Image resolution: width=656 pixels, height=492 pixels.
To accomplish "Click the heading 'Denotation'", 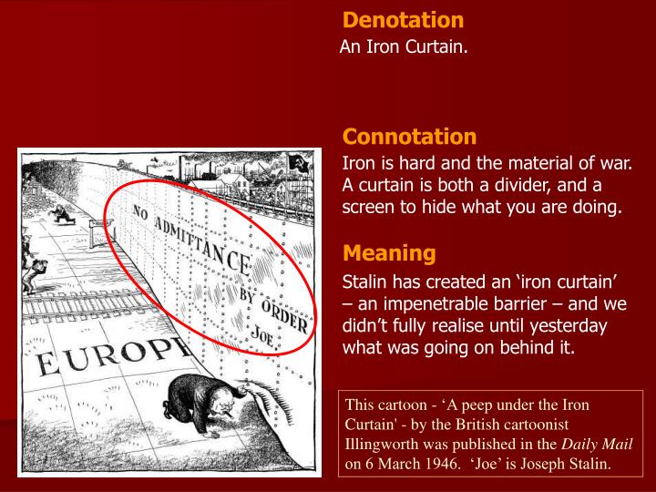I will [404, 20].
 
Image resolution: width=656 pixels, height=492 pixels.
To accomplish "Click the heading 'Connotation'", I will [409, 137].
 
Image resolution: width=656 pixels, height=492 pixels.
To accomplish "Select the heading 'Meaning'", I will [389, 252].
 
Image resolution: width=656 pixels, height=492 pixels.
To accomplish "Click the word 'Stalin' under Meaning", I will [366, 280].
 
